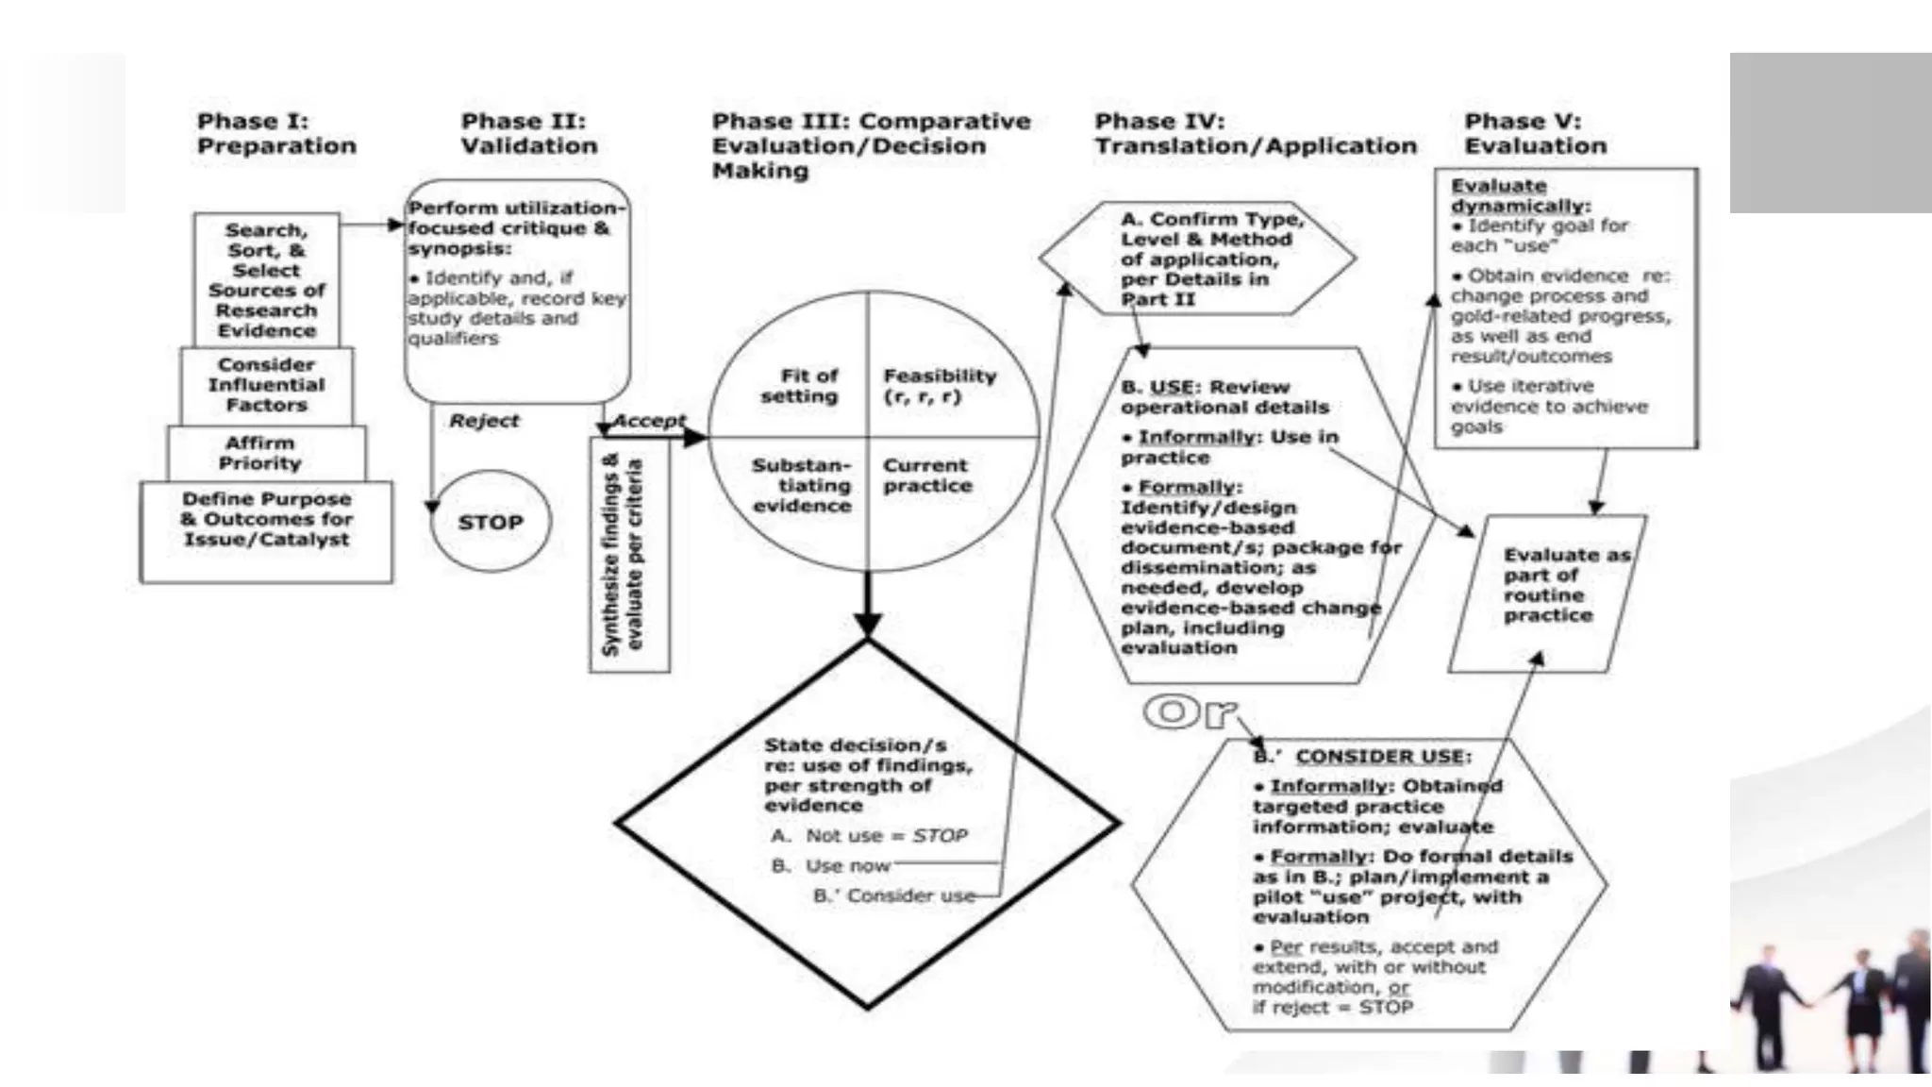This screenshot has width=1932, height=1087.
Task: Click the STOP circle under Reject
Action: [x=490, y=522]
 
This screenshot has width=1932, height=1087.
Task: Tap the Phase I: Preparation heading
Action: [x=275, y=133]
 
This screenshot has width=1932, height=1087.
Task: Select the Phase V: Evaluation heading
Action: [x=1535, y=133]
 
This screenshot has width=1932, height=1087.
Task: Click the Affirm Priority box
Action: [x=265, y=453]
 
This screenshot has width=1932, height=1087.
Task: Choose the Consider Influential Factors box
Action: [x=266, y=385]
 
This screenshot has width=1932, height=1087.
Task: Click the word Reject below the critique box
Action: [x=484, y=421]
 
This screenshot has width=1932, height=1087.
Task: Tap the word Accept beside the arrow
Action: [x=649, y=420]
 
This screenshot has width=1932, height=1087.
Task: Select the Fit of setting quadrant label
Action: [x=799, y=386]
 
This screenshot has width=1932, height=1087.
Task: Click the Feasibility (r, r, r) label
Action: [x=939, y=386]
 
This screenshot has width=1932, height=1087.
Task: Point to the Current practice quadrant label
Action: [x=926, y=476]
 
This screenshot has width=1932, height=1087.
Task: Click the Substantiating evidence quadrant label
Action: [x=802, y=485]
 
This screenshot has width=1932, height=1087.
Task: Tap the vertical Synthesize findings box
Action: [x=629, y=555]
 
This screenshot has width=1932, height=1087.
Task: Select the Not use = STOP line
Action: [x=869, y=836]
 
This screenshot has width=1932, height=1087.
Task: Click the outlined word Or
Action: [x=1190, y=712]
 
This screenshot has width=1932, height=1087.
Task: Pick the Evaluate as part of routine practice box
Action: [x=1546, y=586]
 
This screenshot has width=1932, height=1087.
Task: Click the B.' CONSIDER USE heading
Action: [x=1362, y=757]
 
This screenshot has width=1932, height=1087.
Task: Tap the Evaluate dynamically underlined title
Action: [x=1520, y=196]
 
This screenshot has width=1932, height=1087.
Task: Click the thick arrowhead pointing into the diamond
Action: [x=867, y=624]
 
